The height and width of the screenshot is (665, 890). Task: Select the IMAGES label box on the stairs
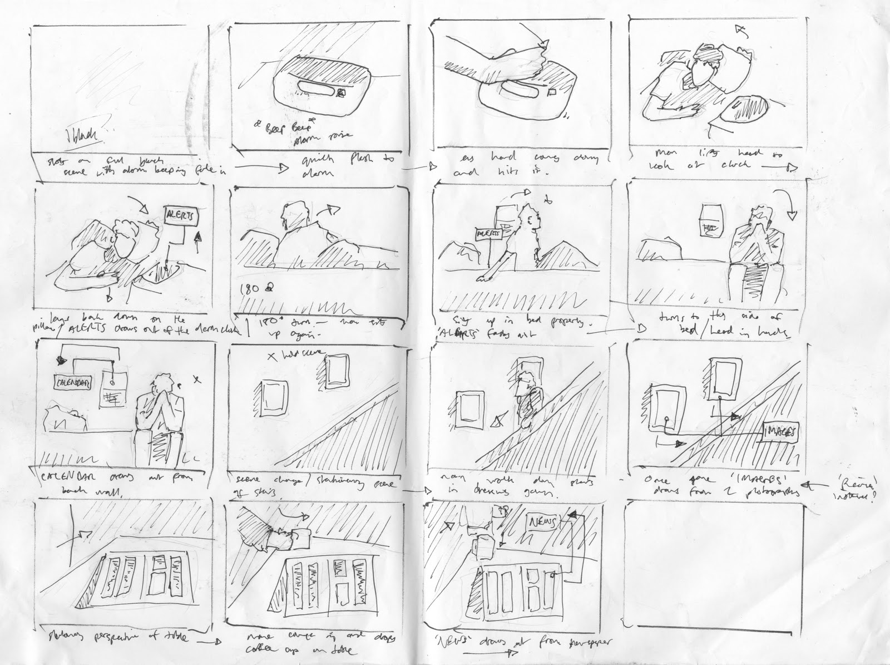782,431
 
